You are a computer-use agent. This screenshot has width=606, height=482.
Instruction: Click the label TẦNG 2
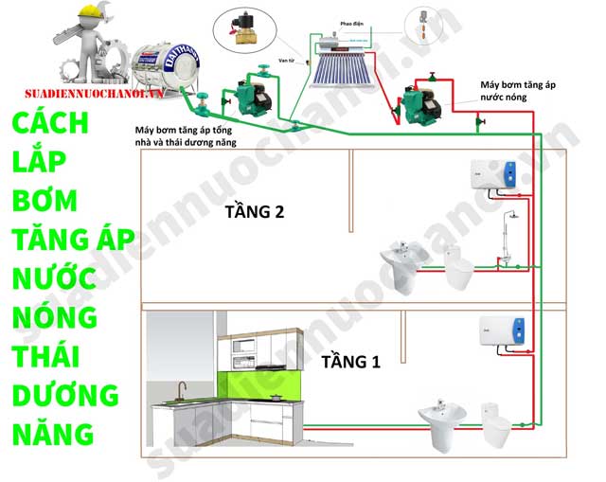254,211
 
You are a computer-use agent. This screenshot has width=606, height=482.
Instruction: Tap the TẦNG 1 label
350,361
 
